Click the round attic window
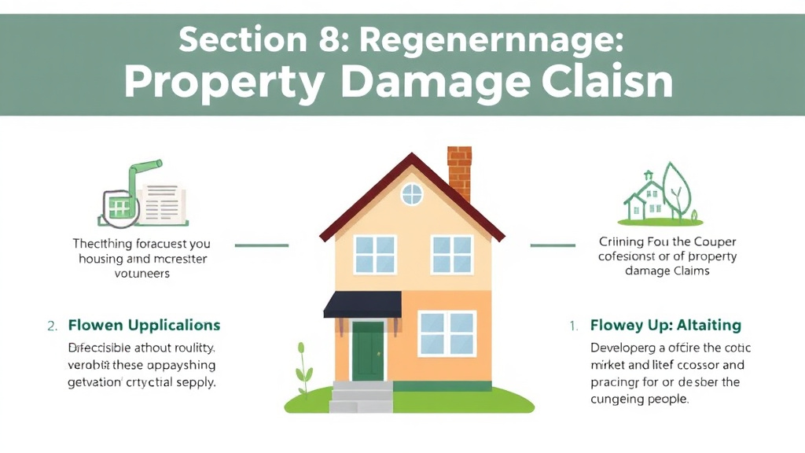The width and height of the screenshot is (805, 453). coord(412,193)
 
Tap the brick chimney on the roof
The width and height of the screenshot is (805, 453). coord(459,173)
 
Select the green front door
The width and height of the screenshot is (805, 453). coord(367,351)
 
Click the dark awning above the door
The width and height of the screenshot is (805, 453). coord(362,304)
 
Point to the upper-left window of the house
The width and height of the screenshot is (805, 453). coord(374,254)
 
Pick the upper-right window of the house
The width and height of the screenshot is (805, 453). coord(452,254)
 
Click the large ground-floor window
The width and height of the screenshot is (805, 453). coord(447,333)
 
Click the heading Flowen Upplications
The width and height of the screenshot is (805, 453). coord(144,325)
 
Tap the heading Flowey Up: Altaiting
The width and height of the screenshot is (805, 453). coord(666,325)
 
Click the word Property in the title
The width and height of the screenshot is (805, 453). coord(224,83)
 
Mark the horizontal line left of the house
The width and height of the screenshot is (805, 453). coord(263,245)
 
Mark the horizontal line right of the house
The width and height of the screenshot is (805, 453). coord(547,245)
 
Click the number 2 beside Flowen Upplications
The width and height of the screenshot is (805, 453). coord(51,326)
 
